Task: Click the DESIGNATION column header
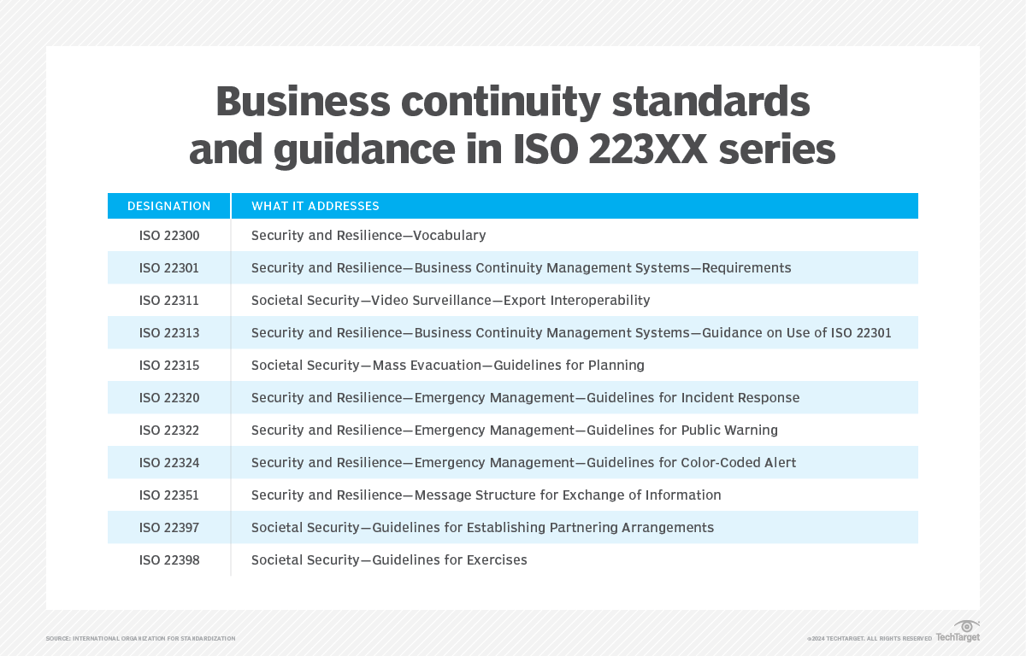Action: pos(168,206)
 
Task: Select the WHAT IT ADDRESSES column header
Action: pos(315,206)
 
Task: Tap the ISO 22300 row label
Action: pos(168,235)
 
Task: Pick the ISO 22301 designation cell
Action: pos(168,267)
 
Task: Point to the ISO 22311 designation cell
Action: pos(168,300)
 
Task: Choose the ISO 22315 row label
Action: pos(168,365)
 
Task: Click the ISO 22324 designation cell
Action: pos(168,462)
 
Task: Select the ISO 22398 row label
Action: pos(168,559)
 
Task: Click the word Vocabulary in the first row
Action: pos(449,235)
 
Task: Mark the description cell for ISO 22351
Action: pos(486,495)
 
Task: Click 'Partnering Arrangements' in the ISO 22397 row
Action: pos(633,527)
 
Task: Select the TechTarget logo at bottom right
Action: pos(958,632)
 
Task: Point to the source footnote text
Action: pos(140,639)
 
